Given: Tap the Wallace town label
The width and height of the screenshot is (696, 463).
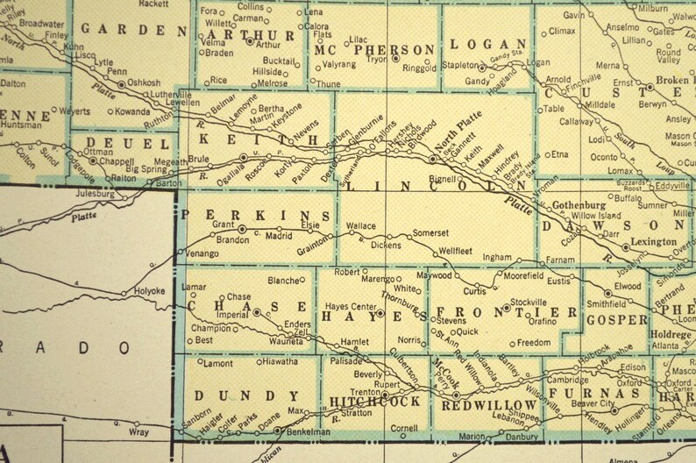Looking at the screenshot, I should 360,226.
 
